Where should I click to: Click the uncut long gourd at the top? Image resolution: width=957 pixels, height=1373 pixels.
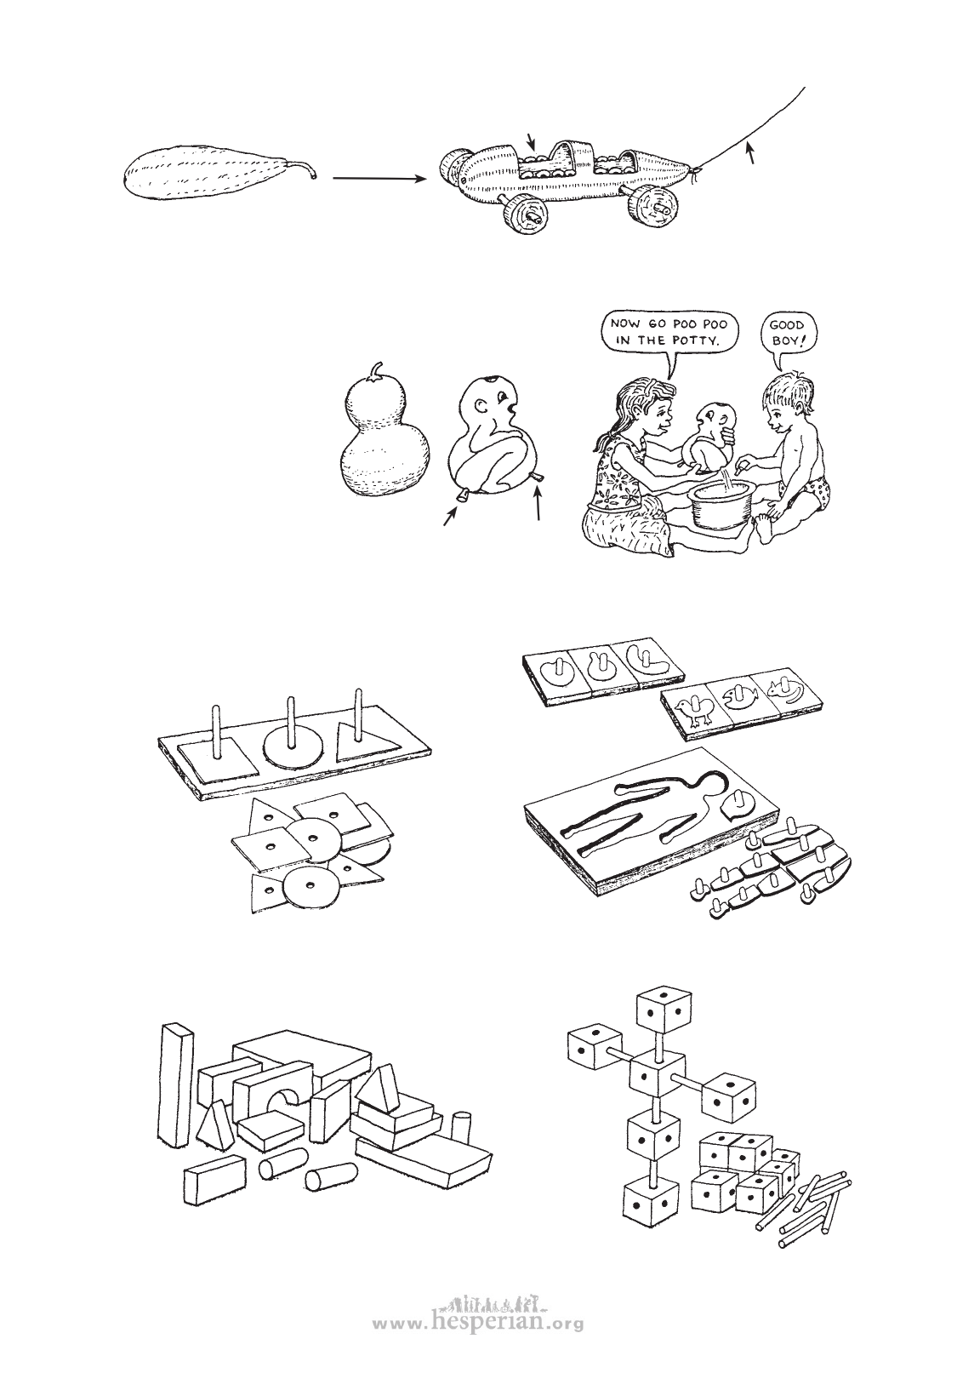(218, 172)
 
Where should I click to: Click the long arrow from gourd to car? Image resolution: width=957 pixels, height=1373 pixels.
(379, 179)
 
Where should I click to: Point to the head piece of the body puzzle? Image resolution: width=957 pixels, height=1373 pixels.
(741, 802)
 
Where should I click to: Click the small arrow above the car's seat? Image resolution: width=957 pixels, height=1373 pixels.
(531, 141)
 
